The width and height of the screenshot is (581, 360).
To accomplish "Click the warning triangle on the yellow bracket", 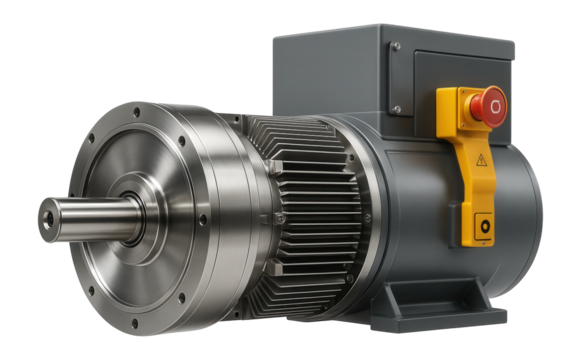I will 481,159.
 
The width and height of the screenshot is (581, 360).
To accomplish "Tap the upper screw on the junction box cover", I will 396,48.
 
